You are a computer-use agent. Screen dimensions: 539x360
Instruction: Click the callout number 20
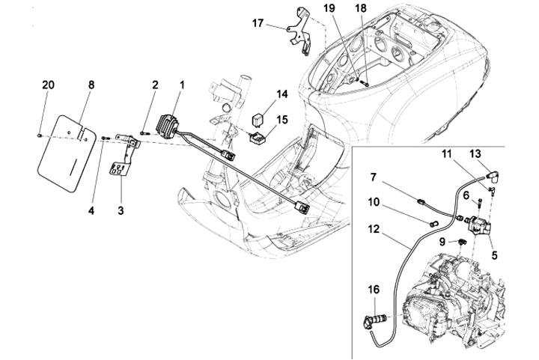[x=48, y=85]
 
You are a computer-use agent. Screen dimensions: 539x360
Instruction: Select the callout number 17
[x=258, y=23]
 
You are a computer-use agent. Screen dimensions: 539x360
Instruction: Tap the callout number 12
[x=374, y=228]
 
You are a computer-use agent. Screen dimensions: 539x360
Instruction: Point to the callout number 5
[x=494, y=255]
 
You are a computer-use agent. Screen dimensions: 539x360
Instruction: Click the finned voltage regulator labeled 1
[x=168, y=126]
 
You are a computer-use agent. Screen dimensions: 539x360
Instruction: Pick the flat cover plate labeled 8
[x=67, y=153]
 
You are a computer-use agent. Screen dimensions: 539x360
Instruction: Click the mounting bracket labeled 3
[x=124, y=155]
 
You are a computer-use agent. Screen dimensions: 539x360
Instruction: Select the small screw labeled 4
[x=106, y=138]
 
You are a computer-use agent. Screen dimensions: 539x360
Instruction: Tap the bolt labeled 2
[x=144, y=132]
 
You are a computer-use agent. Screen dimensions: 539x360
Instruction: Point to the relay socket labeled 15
[x=257, y=138]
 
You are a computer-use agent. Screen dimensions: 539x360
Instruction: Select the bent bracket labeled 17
[x=299, y=34]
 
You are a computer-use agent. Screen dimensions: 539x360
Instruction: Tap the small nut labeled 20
[x=39, y=135]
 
